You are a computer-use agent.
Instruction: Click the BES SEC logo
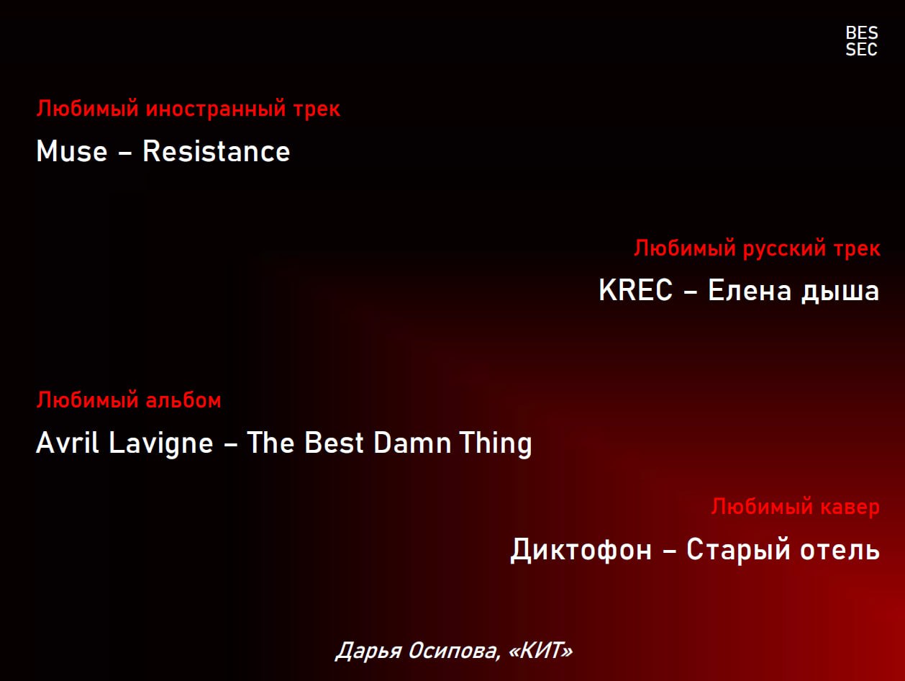click(861, 41)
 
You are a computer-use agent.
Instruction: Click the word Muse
click(72, 151)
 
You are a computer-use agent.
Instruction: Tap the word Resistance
click(217, 151)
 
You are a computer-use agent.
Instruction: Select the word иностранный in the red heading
click(216, 109)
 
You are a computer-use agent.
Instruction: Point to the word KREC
click(635, 290)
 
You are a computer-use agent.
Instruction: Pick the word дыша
click(840, 293)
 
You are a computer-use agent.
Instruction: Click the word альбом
click(183, 400)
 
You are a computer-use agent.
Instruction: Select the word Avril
click(68, 443)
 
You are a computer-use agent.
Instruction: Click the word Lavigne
click(161, 444)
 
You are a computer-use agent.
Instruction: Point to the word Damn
click(412, 443)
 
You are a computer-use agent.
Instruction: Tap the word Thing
click(496, 444)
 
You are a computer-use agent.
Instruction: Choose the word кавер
click(850, 508)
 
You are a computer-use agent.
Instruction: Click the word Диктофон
click(581, 550)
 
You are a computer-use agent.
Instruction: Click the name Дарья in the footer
click(368, 651)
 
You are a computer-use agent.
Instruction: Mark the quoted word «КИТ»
click(540, 651)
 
